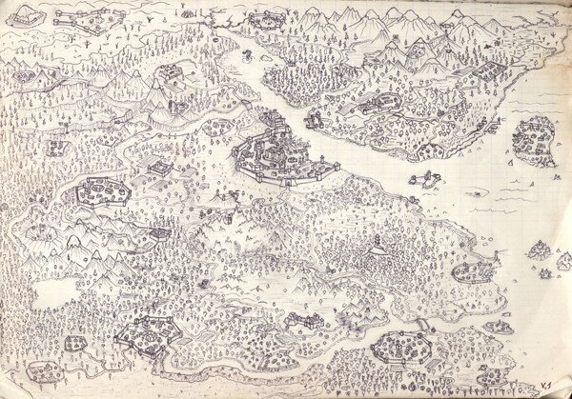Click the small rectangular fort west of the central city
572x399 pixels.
[160, 168]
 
